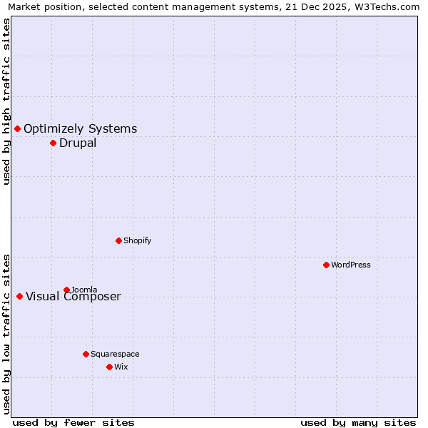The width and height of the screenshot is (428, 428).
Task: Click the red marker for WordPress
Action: pyautogui.click(x=326, y=265)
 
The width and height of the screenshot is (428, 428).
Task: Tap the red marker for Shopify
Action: pyautogui.click(x=118, y=240)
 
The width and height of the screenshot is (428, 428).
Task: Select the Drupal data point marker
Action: pyautogui.click(x=53, y=143)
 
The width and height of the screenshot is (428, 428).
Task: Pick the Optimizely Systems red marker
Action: pyautogui.click(x=17, y=128)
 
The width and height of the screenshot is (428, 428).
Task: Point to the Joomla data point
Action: pyautogui.click(x=66, y=290)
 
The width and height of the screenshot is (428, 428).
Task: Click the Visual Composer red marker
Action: pyautogui.click(x=19, y=296)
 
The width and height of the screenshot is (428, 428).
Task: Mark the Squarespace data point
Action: pyautogui.click(x=86, y=354)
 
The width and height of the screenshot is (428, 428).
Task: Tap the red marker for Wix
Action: pyautogui.click(x=109, y=367)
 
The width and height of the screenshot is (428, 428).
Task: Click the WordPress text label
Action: pyautogui.click(x=351, y=265)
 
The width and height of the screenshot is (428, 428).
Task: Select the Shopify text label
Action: pyautogui.click(x=138, y=240)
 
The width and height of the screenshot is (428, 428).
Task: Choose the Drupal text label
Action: pyautogui.click(x=78, y=143)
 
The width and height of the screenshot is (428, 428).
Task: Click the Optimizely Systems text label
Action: pyautogui.click(x=81, y=128)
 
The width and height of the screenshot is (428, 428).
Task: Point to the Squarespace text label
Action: pyautogui.click(x=115, y=354)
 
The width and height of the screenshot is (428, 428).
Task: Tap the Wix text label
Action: pyautogui.click(x=121, y=367)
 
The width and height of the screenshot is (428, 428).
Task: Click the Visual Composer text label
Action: pyautogui.click(x=73, y=296)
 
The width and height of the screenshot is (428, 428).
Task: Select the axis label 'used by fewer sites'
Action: pyautogui.click(x=73, y=422)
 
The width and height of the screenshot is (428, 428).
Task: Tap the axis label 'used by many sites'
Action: pyautogui.click(x=358, y=422)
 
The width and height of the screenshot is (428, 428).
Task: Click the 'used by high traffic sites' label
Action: pyautogui.click(x=6, y=101)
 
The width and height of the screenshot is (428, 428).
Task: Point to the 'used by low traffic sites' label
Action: pyautogui.click(x=6, y=334)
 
